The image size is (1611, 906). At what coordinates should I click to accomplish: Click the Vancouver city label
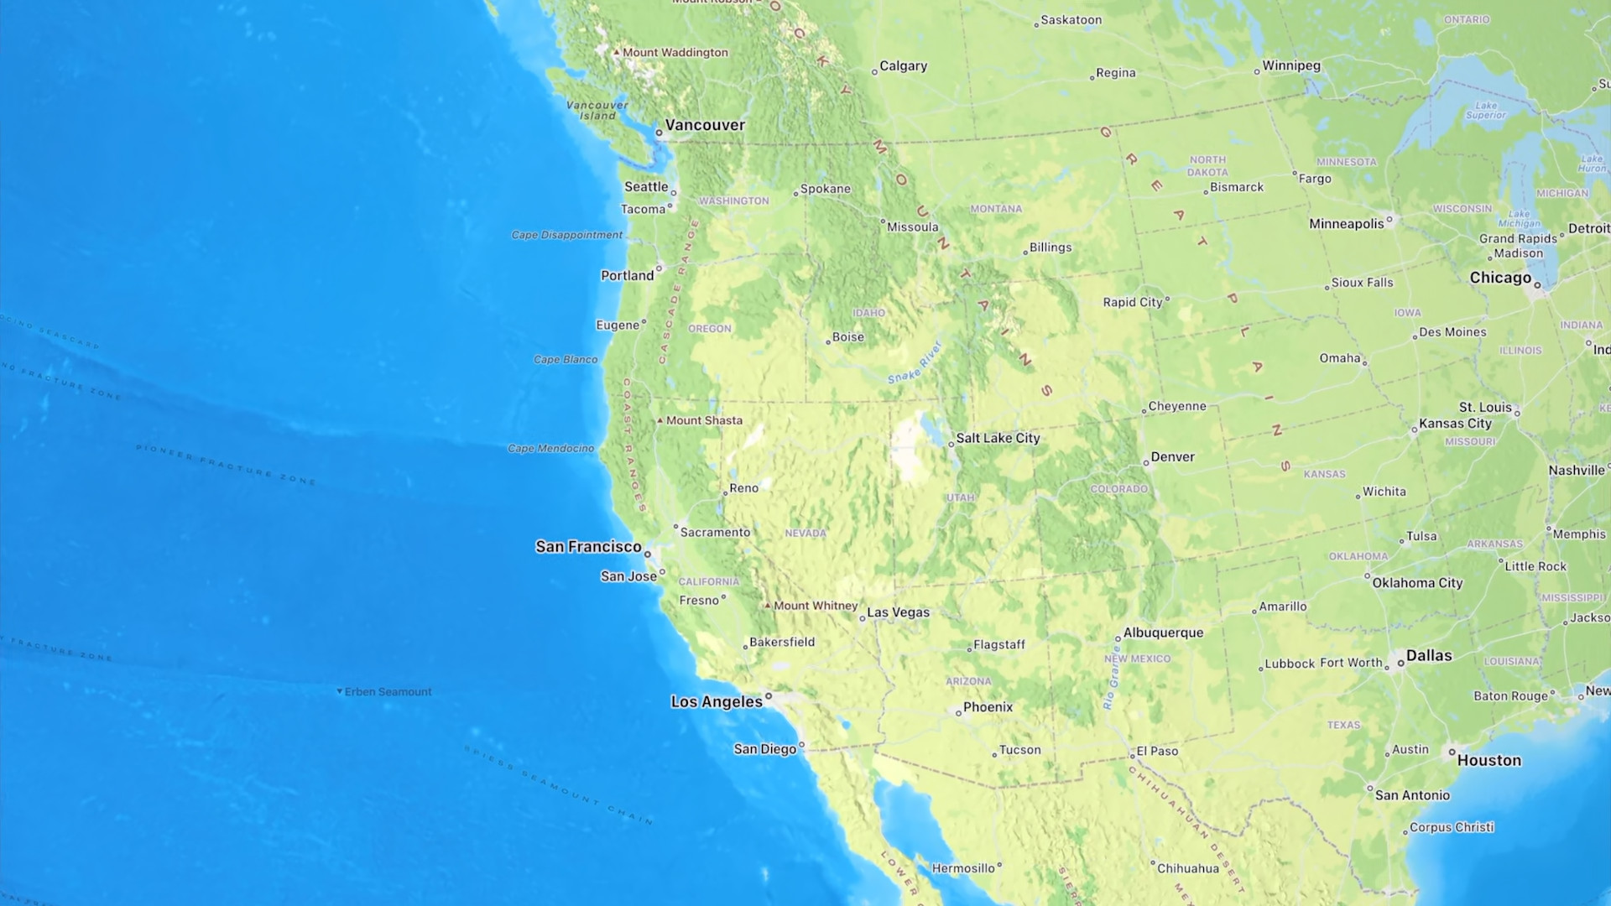[x=704, y=125]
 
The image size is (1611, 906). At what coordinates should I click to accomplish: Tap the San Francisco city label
[x=588, y=547]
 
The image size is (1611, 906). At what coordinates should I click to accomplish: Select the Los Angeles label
[x=716, y=701]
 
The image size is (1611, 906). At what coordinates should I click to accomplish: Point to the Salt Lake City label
[x=998, y=438]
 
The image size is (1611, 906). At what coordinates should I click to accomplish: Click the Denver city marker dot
[x=1146, y=463]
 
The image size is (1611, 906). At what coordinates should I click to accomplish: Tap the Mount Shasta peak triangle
[x=660, y=420]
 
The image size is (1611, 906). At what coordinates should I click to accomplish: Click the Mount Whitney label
[x=816, y=606]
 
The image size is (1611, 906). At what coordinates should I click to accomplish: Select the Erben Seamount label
[x=388, y=692]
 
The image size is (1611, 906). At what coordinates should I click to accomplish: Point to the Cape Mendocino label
[x=550, y=449]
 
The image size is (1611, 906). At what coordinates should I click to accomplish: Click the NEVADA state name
[x=805, y=534]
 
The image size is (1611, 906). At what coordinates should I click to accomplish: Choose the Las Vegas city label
[x=898, y=612]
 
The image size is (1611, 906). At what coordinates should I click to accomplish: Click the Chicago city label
[x=1500, y=278]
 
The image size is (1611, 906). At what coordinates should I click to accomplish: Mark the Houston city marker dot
[x=1452, y=752]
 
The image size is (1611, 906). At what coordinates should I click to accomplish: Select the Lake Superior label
[x=1486, y=111]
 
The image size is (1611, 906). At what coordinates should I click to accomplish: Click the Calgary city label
[x=903, y=66]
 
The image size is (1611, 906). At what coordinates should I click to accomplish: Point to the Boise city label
[x=847, y=337]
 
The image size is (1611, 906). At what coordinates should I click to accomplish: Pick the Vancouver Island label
[x=597, y=110]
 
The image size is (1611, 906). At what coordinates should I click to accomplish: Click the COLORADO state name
[x=1118, y=489]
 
